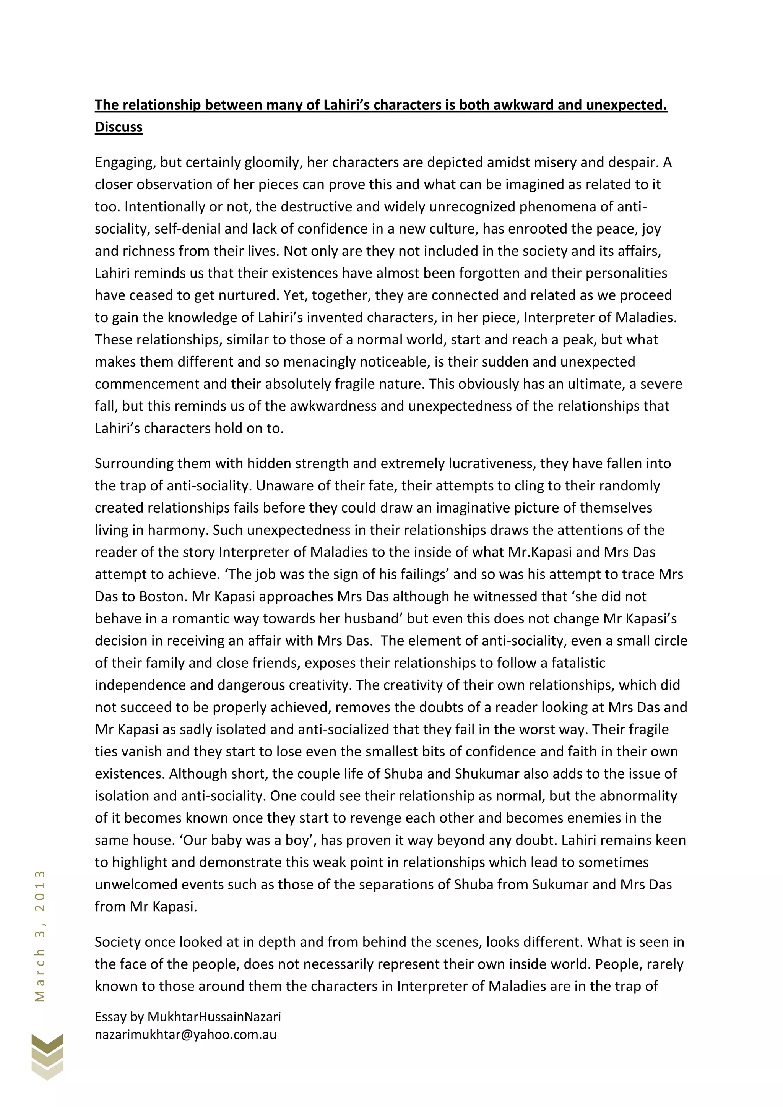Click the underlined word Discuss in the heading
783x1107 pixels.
119,127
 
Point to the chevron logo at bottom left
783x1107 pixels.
47,1056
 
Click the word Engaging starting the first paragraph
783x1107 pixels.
125,162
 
